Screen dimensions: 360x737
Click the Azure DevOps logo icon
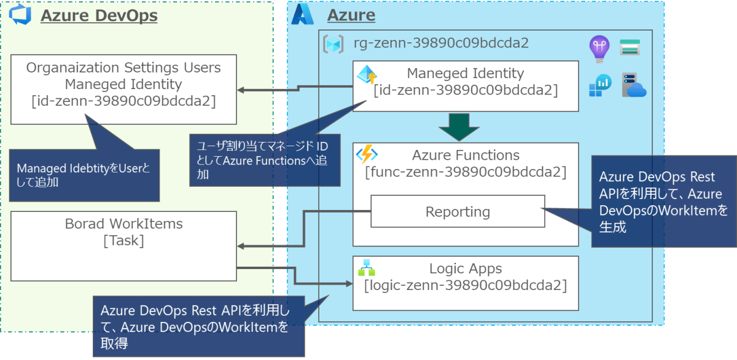(x=20, y=15)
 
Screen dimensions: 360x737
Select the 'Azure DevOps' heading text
(x=99, y=16)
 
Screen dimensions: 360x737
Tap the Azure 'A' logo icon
(x=302, y=14)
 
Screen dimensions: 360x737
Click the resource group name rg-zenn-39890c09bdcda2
(x=441, y=43)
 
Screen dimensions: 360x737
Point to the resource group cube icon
(x=333, y=44)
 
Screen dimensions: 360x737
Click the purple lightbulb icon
(x=598, y=47)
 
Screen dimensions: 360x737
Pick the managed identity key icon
(x=367, y=76)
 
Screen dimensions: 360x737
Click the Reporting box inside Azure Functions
(x=458, y=212)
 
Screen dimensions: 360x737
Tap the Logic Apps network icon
(x=367, y=267)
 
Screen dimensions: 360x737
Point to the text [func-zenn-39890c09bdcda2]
(x=466, y=173)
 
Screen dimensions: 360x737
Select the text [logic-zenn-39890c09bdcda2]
(x=465, y=286)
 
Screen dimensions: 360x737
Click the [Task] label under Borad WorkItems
(x=124, y=241)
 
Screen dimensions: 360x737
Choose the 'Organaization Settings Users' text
(x=123, y=67)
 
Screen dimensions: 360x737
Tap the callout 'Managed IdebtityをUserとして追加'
(x=84, y=174)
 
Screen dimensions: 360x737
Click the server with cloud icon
(x=633, y=85)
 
